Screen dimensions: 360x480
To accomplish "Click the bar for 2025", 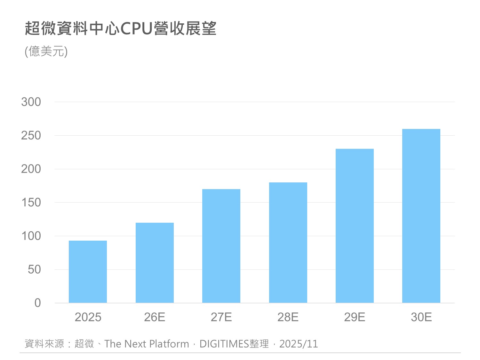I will (88, 272).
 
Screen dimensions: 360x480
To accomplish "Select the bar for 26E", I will (155, 263).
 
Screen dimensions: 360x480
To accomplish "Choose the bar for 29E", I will (355, 226).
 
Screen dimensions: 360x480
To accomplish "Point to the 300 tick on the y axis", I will (31, 102).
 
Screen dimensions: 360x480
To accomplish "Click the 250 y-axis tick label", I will (31, 136).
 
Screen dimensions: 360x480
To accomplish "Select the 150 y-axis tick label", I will (31, 203).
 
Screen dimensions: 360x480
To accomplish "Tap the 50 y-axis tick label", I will (34, 269).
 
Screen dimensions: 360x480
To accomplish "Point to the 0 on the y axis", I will (38, 303).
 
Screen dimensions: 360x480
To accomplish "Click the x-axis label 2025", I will (88, 317).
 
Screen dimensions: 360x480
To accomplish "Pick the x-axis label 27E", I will (221, 317).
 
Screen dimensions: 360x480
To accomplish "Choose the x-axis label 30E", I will (421, 317).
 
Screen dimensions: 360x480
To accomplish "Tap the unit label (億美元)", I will (46, 51).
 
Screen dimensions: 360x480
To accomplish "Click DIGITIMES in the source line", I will (224, 344).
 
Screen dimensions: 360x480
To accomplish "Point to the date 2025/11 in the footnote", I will (299, 344).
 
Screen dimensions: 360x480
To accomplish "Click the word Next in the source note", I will (135, 344).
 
